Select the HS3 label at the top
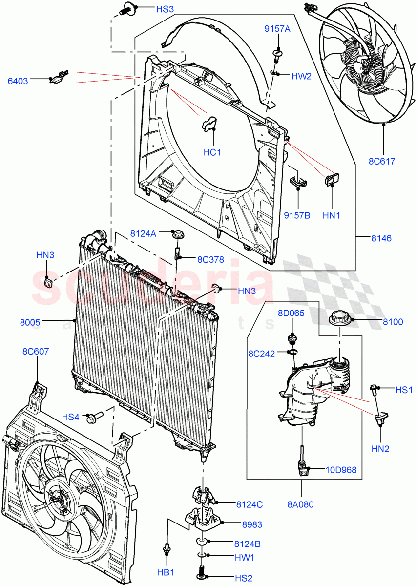pos(151,9)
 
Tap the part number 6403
pos(18,81)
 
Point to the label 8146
pos(381,239)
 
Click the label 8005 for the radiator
pos(30,322)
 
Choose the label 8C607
pos(36,351)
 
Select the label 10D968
pos(341,470)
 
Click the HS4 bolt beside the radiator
pos(93,418)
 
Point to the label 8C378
pos(210,260)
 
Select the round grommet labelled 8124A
pos(177,234)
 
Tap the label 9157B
pos(297,215)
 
